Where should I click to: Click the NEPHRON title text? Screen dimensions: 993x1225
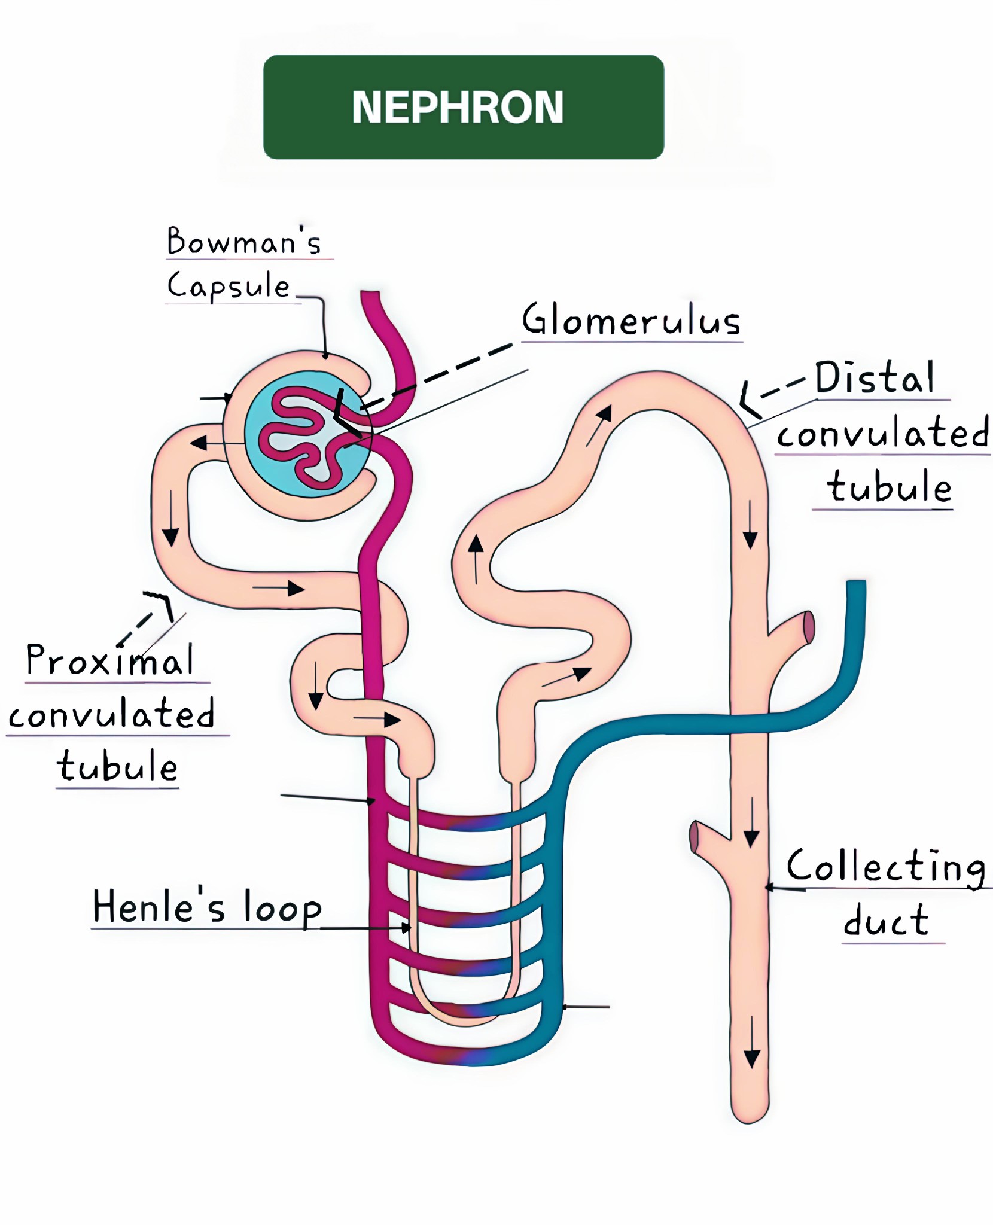point(458,108)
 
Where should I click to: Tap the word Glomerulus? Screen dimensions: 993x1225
point(631,320)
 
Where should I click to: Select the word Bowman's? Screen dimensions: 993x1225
point(244,242)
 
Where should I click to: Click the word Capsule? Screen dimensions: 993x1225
point(228,285)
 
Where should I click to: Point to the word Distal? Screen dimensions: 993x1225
point(874,378)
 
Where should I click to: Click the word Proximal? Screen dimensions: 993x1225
point(110,660)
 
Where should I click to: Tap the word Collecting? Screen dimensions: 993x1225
point(887,867)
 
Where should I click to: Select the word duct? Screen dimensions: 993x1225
point(886,921)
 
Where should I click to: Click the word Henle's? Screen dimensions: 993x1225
point(159,906)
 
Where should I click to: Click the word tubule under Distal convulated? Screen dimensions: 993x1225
point(889,486)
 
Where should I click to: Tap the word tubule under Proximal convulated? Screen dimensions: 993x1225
point(118,766)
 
